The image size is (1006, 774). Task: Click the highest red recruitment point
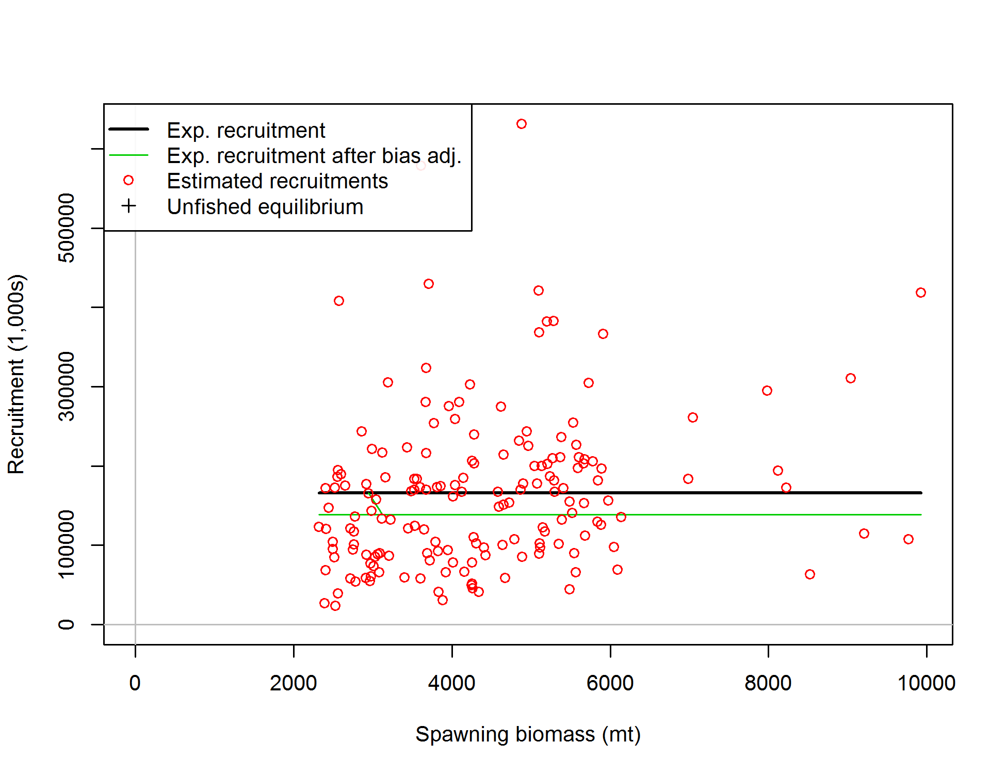(x=522, y=124)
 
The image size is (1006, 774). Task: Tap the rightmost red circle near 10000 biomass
(x=921, y=293)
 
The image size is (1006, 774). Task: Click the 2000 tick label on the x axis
(x=293, y=683)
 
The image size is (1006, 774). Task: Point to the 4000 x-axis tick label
(x=451, y=683)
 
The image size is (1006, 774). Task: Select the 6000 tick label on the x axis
(x=610, y=683)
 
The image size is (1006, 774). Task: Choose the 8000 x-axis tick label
(x=768, y=683)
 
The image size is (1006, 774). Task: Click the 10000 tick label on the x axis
(x=927, y=683)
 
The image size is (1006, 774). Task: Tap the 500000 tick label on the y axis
(x=67, y=228)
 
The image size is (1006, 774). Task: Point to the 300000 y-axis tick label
(x=67, y=386)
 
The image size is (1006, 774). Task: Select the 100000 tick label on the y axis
(x=67, y=545)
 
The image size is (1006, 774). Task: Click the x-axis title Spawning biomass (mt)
(x=528, y=734)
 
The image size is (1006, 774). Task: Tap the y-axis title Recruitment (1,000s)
(x=17, y=374)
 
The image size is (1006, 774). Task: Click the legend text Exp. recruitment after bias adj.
(x=314, y=156)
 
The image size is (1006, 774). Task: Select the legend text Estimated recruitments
(x=277, y=181)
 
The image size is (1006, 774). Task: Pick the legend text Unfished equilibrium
(x=265, y=207)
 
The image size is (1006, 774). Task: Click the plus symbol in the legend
(x=128, y=206)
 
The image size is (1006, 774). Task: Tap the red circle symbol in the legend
(x=128, y=180)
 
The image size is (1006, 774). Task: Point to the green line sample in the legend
(x=128, y=155)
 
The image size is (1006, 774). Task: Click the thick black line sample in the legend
(x=128, y=129)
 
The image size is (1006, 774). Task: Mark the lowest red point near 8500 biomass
(x=810, y=574)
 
